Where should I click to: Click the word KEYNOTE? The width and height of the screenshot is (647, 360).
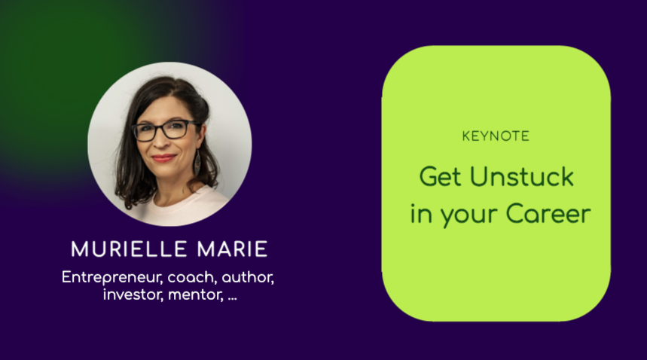point(496,136)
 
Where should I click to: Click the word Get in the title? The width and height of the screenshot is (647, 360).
point(439,177)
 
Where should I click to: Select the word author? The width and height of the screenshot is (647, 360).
point(248,277)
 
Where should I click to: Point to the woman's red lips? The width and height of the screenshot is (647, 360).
point(163,159)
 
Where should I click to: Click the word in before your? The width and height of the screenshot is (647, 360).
point(420,214)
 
